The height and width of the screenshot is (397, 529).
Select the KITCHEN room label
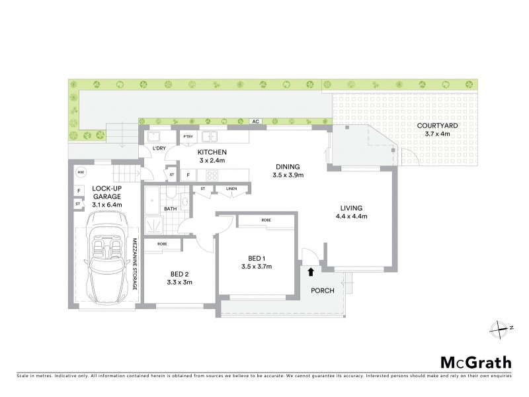pos(212,156)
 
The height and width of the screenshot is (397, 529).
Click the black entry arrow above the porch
pos(311,271)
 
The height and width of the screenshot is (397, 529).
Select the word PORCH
pos(323,291)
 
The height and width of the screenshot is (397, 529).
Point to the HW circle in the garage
pos(81,173)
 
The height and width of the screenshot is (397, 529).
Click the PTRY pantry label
pos(188,137)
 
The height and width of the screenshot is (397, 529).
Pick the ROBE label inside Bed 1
pos(266,220)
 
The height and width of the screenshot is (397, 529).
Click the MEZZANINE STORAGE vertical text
pos(134,263)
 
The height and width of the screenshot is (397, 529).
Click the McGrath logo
pos(476,362)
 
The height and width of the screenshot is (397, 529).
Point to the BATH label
pos(171,208)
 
